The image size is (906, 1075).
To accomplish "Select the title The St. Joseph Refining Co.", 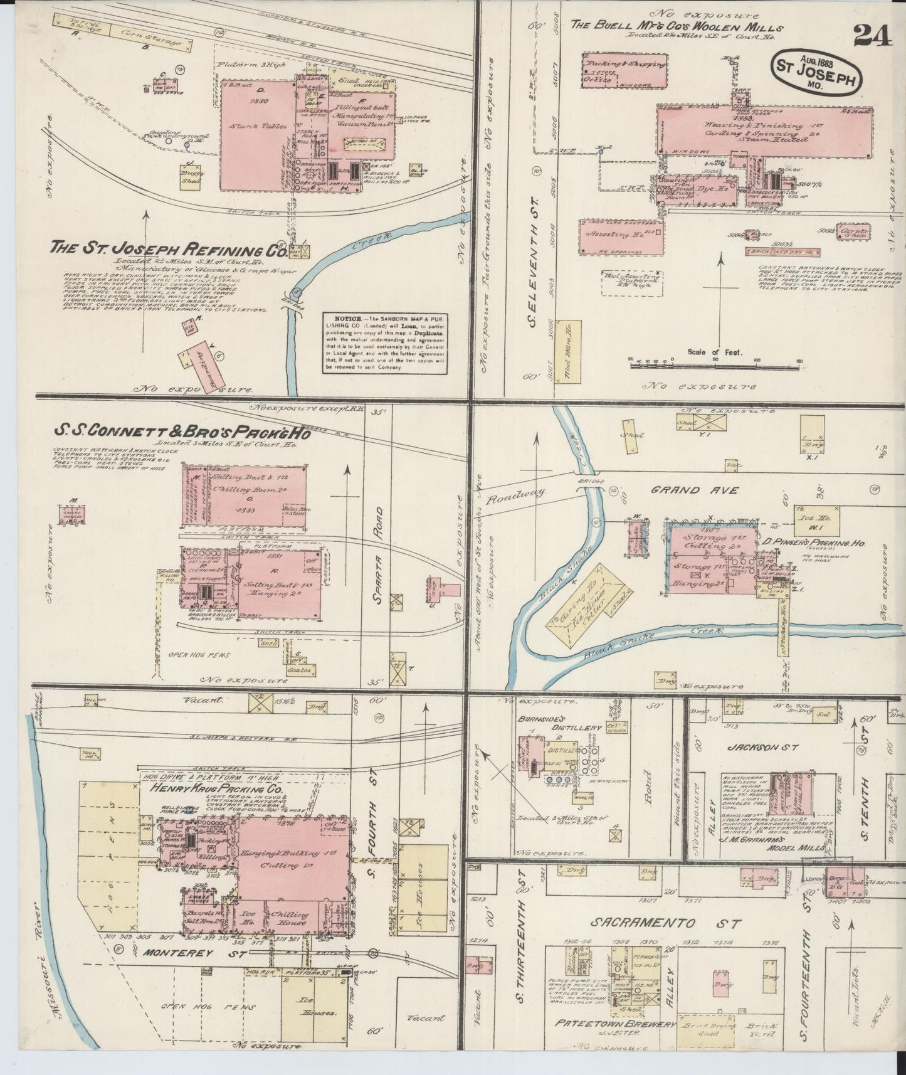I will [167, 249].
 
